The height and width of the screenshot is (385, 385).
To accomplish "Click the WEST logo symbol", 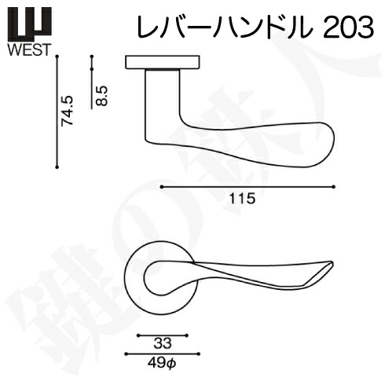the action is pos(29,22).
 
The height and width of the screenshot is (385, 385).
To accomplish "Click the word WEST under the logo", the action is pos(29,49).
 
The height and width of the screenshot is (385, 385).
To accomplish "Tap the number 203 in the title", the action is pos(348,27).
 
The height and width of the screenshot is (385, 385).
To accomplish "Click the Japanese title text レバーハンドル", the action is pos(225,27).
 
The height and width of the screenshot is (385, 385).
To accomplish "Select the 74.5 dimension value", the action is pos(67,111).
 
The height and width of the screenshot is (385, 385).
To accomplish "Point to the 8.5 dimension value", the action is pos(101,96).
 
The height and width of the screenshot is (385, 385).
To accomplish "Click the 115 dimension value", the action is pos(242,198).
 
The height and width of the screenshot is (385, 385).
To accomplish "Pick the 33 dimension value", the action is pos(163,343).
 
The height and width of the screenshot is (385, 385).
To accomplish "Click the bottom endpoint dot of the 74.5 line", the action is pos(57,167).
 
